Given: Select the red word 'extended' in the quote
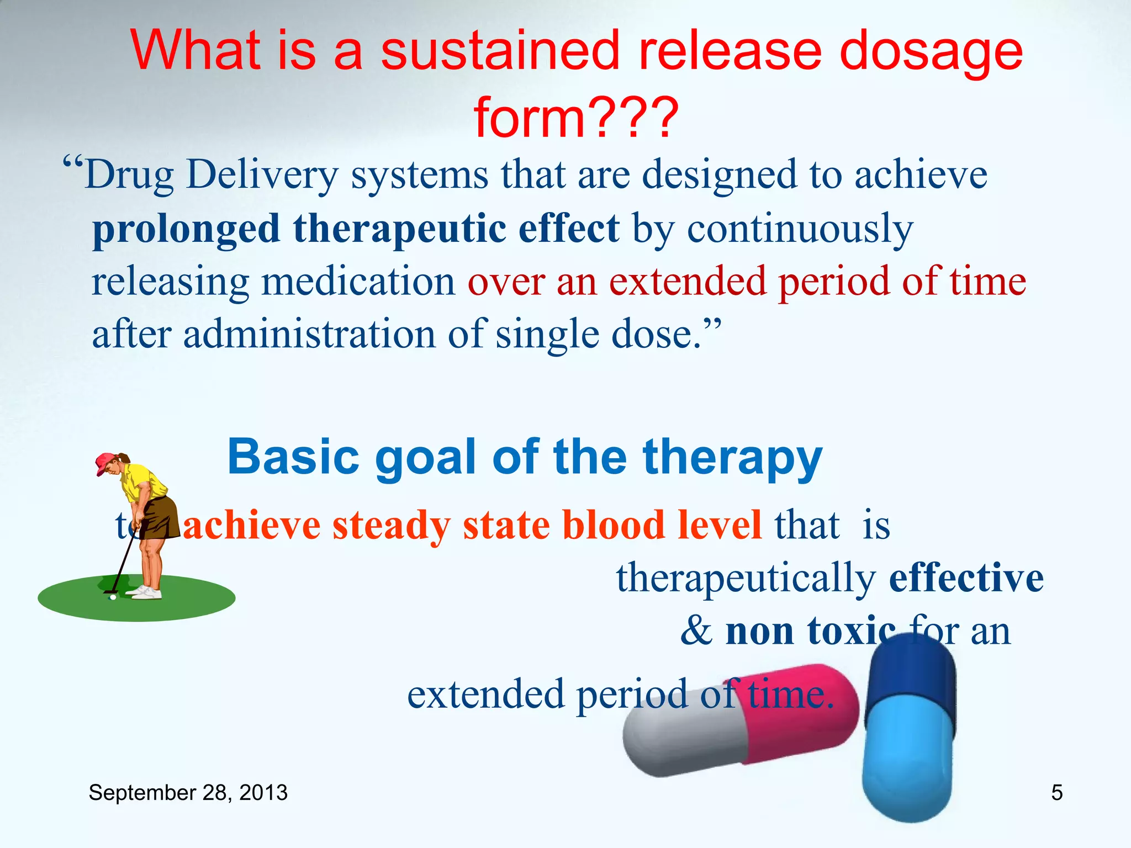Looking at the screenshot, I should [x=687, y=282].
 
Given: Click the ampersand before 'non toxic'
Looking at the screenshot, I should [x=696, y=630].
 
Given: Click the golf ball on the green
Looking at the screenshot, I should [x=113, y=597].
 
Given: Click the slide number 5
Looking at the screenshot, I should [x=1056, y=793].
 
